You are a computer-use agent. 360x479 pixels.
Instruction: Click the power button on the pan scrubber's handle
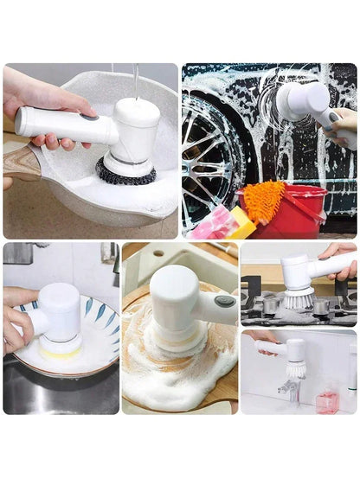(x=88, y=115)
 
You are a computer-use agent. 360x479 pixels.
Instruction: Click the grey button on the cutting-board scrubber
(x=225, y=302)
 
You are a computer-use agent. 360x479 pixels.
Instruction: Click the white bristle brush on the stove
(x=298, y=299)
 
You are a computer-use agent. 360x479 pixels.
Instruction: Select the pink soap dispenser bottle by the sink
(x=326, y=401)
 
